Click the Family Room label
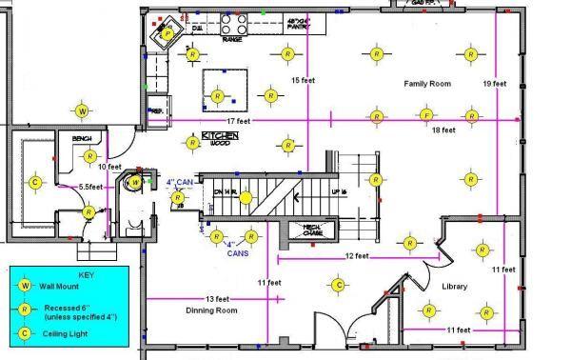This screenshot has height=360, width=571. pos(426,85)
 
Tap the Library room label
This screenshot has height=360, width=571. pos(455,287)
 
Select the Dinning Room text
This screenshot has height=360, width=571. pos(212,310)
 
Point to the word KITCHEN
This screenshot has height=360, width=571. pos(221,136)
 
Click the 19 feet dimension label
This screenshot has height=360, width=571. pos(497,83)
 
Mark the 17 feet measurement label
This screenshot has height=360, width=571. pos(238,121)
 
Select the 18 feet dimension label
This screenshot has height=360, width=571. pos(443,130)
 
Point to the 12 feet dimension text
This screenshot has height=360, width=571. pos(358,255)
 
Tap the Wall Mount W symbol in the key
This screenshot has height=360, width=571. pos(26,285)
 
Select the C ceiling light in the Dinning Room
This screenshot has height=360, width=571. pos(338,284)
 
